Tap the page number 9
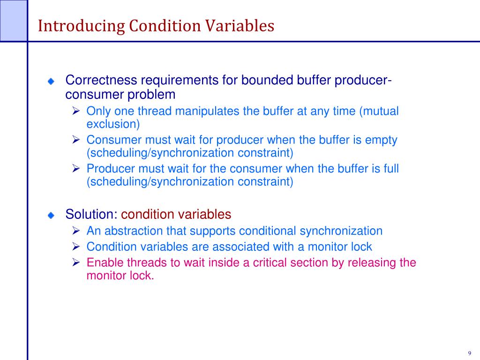(x=469, y=353)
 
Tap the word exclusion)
(x=113, y=124)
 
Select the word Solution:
(x=91, y=214)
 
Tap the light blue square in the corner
(x=13, y=20)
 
